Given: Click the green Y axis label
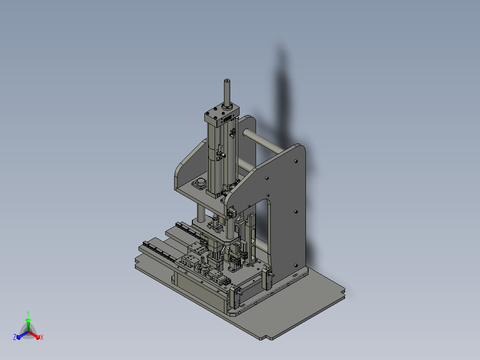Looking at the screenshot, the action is click(28, 313).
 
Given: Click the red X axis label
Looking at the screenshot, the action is click(42, 337).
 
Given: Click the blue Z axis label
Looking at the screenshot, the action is click(15, 337).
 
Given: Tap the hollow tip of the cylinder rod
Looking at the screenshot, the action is click(227, 81).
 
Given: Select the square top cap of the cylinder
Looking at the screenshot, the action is click(222, 115).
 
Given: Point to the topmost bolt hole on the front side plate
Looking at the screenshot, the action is click(296, 161).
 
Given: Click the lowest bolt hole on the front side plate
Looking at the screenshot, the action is click(296, 266).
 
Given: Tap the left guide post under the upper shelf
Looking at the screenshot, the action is click(201, 213).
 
